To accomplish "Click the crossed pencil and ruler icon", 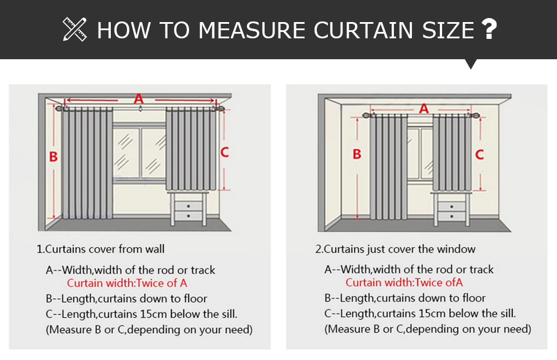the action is [x=75, y=29].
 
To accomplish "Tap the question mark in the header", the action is [x=489, y=29].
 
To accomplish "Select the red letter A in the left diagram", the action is [x=139, y=99].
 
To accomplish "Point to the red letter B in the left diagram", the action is [x=53, y=157].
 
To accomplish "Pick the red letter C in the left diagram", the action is [x=225, y=152].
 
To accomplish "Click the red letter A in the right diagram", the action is [x=424, y=109].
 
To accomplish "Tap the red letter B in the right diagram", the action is [x=357, y=154].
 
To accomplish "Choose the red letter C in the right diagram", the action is [x=480, y=154].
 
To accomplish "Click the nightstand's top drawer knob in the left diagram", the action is [x=188, y=206].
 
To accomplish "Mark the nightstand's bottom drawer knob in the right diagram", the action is [x=451, y=216].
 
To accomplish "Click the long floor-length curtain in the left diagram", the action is [x=87, y=164].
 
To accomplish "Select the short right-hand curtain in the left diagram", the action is [x=191, y=149].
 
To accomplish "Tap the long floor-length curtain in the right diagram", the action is [x=389, y=167].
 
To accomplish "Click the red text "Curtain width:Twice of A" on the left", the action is [x=127, y=283].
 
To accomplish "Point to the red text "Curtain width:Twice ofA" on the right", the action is [x=404, y=283].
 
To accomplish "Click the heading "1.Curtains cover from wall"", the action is [x=100, y=249].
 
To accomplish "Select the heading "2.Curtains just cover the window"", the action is [x=395, y=249].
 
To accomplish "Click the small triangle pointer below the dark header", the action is [x=471, y=64].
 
